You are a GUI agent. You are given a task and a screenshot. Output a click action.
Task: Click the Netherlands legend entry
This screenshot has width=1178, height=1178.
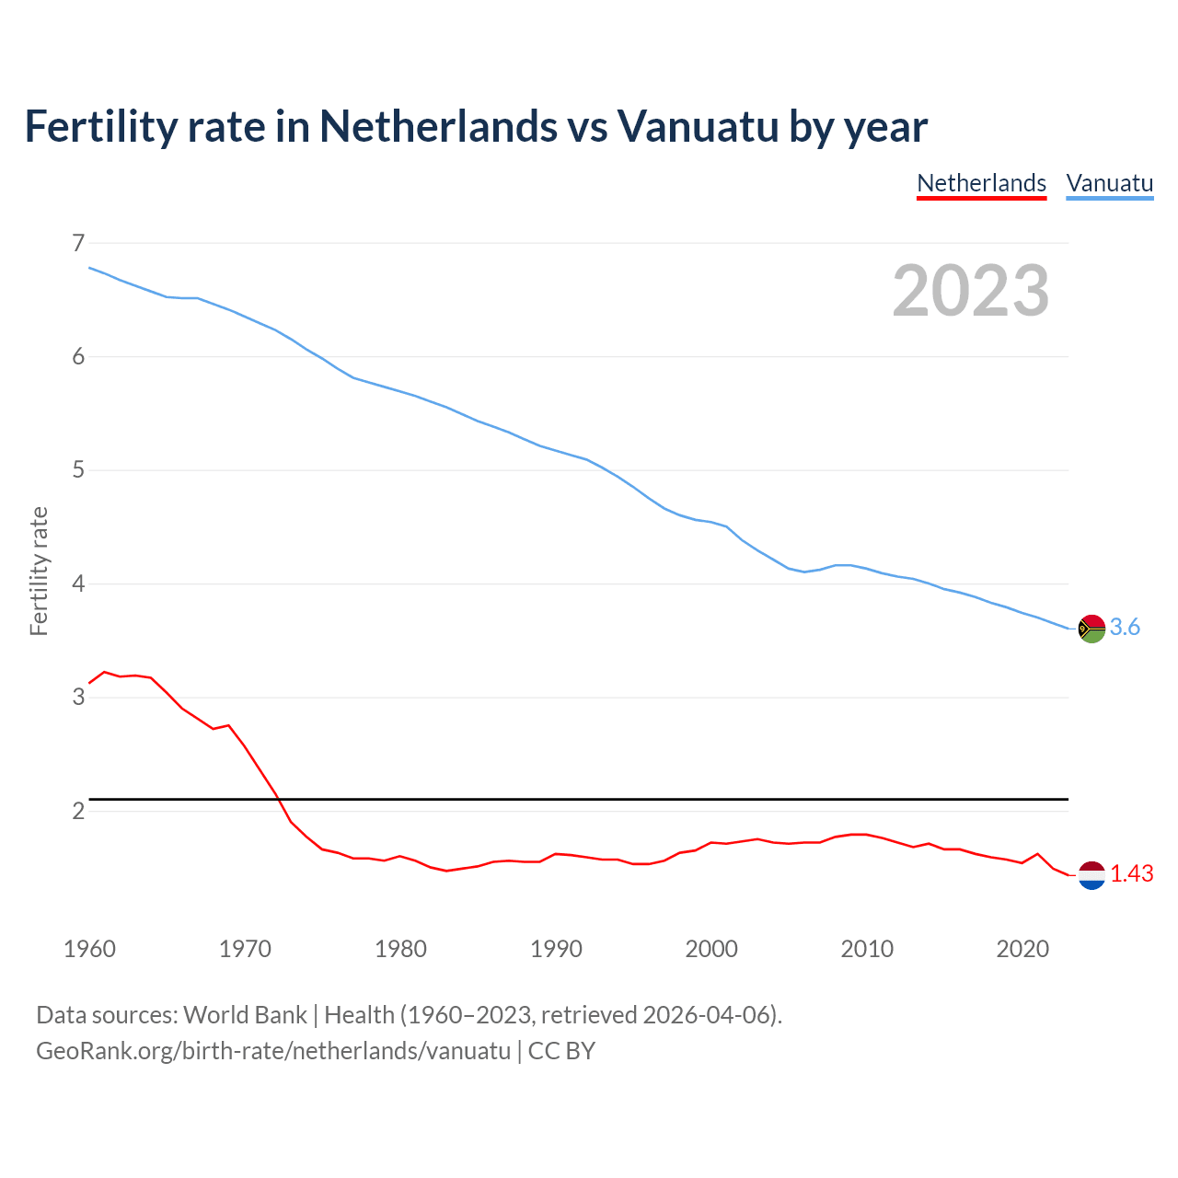click(x=981, y=183)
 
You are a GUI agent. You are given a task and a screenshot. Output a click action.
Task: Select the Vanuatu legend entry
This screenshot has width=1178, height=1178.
click(x=1109, y=183)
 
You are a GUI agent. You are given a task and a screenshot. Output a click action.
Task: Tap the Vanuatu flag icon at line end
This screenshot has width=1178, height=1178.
click(x=1091, y=629)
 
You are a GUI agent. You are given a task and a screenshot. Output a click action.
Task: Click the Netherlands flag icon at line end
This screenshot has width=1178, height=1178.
click(x=1091, y=875)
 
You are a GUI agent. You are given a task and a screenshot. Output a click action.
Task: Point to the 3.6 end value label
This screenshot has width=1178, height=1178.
click(x=1125, y=628)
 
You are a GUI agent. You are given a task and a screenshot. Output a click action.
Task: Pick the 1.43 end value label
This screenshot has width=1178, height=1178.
click(x=1131, y=874)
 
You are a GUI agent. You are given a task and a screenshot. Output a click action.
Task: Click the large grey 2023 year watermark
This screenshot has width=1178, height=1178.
click(x=971, y=291)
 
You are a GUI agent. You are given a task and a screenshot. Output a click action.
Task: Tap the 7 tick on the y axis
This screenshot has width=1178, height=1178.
click(x=78, y=243)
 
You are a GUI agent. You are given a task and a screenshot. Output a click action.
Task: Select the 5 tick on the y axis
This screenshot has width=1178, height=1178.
click(x=78, y=470)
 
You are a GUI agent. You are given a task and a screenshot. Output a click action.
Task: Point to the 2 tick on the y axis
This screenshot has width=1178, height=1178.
click(x=78, y=811)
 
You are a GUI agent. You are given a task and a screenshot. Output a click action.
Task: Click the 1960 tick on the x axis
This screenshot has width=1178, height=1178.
click(x=89, y=949)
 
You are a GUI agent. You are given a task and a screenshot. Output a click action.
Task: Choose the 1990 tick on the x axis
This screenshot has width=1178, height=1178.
click(x=556, y=949)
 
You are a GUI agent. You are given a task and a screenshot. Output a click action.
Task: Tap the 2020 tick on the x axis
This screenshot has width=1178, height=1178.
click(x=1022, y=949)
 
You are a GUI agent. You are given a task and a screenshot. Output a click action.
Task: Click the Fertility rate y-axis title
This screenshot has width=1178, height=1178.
click(x=39, y=571)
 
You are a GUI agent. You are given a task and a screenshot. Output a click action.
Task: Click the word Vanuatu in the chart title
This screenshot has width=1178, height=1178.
click(x=698, y=126)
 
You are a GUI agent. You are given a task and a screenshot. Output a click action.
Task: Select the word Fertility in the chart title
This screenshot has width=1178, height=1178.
click(x=98, y=126)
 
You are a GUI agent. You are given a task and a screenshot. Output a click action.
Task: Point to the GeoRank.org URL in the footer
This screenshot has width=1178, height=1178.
click(x=272, y=1051)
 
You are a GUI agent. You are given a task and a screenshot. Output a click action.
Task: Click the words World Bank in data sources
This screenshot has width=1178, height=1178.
click(x=245, y=1015)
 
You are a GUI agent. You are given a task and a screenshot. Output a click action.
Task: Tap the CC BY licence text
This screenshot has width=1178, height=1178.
click(x=561, y=1051)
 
